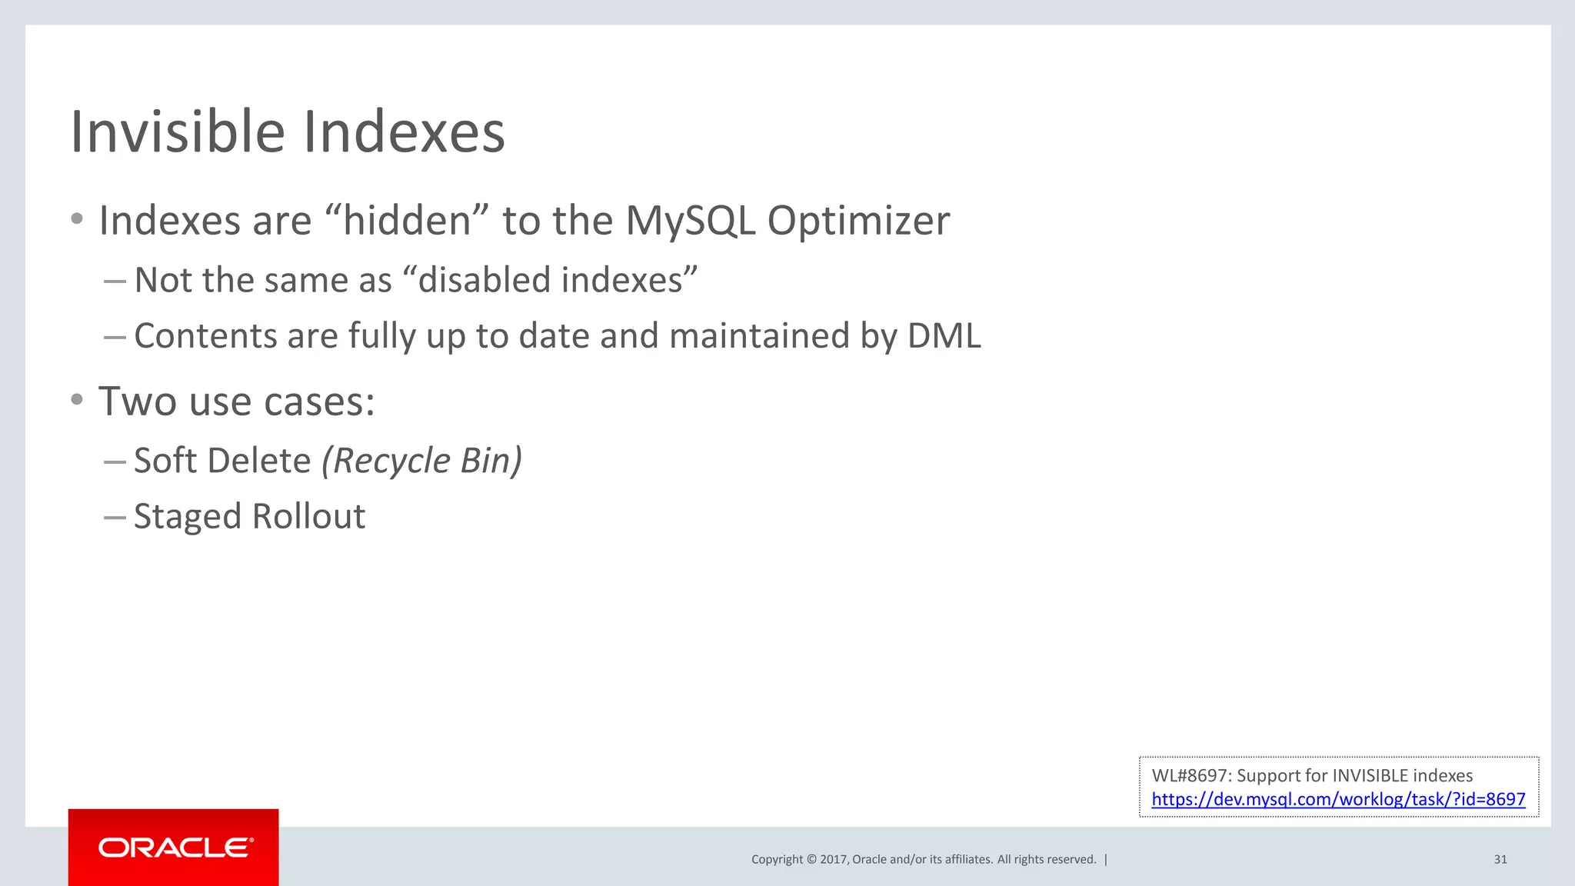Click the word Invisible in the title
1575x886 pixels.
tap(178, 132)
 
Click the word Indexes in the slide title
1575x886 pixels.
tap(404, 132)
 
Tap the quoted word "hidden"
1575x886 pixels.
tap(408, 221)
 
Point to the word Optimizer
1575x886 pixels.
tap(858, 221)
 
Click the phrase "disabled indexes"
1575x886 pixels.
tap(550, 280)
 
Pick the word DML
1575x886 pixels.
tap(944, 336)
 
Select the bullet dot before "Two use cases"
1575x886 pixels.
tap(77, 399)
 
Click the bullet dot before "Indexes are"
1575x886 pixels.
tap(77, 219)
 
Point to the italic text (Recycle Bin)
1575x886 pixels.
tap(421, 461)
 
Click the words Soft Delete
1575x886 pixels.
tap(222, 461)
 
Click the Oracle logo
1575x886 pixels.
tap(174, 848)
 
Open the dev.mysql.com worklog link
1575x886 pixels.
tap(1338, 799)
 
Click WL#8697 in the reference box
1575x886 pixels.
tap(1190, 775)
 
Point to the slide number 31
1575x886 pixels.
tap(1500, 859)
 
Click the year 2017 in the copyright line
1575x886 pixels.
tap(833, 859)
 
